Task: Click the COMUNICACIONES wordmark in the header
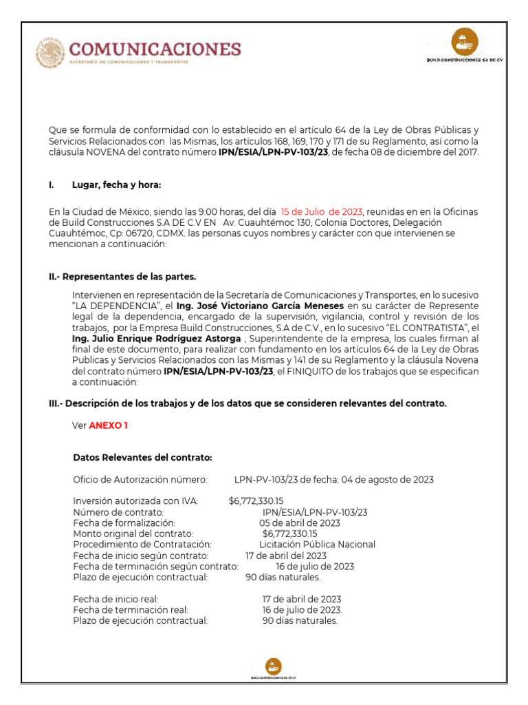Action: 156,49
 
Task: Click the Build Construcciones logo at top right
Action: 465,44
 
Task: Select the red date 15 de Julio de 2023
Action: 322,211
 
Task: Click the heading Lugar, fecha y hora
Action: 116,185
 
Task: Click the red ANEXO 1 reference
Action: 108,425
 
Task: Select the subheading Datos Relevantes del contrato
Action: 142,457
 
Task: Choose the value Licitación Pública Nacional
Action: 317,544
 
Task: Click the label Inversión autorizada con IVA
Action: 135,501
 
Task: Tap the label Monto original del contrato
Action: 133,534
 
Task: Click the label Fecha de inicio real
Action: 115,599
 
